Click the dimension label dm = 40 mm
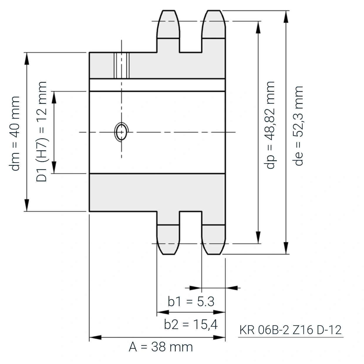point(15,134)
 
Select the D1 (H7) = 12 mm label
point(41,132)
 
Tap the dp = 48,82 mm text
point(269,125)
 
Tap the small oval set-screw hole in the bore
point(122,132)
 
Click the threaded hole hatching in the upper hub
point(122,65)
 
